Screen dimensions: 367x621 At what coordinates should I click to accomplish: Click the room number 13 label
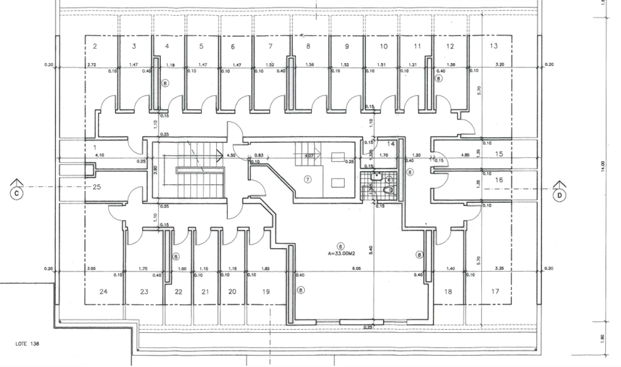coord(493,46)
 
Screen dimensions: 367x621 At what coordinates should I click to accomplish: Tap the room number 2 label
coord(95,46)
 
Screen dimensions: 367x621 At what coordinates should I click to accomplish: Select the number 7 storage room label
coord(270,46)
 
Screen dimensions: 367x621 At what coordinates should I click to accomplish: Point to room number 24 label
coord(104,292)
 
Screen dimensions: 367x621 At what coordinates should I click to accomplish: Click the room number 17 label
coord(495,292)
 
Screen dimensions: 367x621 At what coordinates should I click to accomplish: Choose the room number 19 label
coord(266,292)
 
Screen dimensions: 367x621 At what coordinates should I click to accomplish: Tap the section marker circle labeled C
coord(17,193)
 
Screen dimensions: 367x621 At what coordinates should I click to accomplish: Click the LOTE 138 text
coord(27,344)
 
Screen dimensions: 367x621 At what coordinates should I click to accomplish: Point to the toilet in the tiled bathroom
coord(387,190)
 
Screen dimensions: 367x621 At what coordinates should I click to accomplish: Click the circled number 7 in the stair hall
coord(307,179)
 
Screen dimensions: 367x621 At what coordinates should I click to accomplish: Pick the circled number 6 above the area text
coord(341,245)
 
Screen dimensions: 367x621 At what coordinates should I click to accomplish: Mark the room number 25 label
coord(96,187)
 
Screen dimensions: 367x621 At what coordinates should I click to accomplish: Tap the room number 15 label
coord(499,154)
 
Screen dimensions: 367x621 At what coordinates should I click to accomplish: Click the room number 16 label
coord(499,180)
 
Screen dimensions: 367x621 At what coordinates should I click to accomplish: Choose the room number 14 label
coord(391,144)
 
